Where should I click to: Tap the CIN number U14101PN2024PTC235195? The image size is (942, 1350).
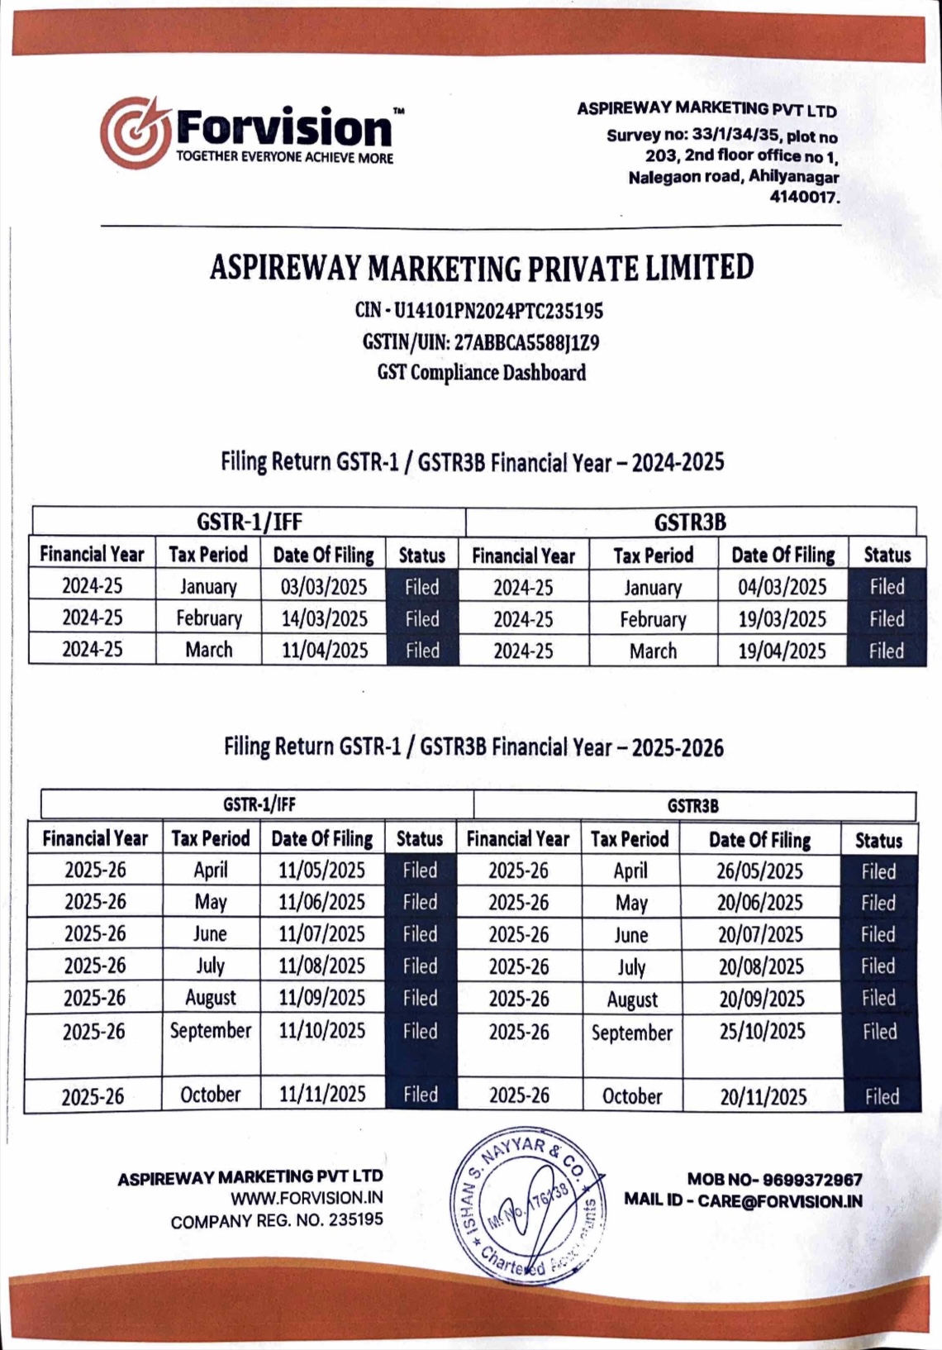[498, 311]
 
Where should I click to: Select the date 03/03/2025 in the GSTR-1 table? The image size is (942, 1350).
[324, 587]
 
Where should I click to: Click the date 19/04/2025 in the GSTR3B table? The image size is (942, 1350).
[782, 651]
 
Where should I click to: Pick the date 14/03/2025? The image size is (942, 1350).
[324, 619]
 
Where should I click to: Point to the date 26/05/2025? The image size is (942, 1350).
[759, 871]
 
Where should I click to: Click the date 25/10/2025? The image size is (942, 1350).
[761, 1032]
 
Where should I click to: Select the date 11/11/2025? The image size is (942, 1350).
[322, 1095]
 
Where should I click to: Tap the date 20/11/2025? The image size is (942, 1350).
[763, 1097]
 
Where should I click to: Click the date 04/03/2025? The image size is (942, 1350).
[782, 587]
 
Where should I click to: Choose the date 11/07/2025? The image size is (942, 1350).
[321, 934]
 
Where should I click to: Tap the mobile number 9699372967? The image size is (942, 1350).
[811, 1180]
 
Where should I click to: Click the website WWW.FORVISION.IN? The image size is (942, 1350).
[307, 1198]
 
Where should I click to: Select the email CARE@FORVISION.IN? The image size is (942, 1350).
[779, 1200]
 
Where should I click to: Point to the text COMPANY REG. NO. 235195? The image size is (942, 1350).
[277, 1220]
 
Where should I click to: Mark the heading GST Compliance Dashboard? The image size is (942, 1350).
[482, 373]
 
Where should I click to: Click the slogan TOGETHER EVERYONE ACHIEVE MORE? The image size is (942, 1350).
[285, 158]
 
